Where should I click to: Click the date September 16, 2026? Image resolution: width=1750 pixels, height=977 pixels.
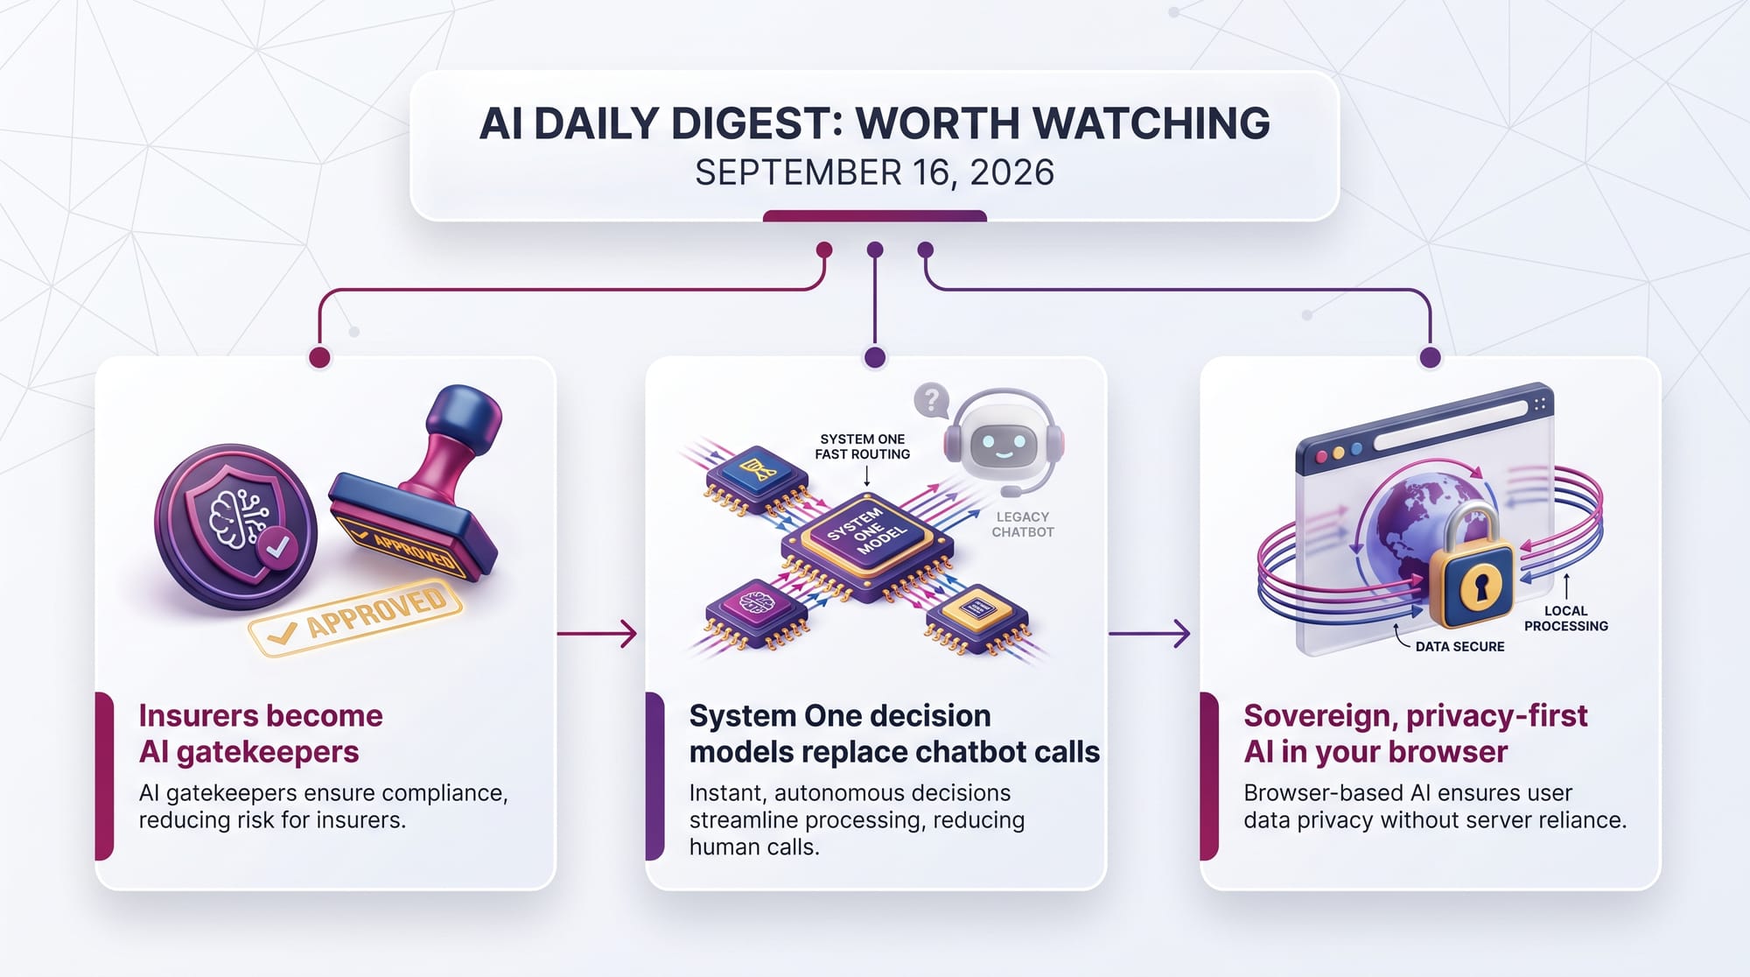[874, 172]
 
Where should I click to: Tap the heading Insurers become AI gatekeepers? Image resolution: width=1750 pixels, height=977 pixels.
[261, 734]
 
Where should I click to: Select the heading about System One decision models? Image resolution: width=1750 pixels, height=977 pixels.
[894, 734]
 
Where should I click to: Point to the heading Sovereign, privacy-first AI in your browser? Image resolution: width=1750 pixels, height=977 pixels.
[1415, 734]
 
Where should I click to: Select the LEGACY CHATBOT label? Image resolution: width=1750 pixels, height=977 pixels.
[1023, 524]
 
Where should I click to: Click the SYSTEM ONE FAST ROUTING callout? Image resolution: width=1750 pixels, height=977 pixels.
[863, 446]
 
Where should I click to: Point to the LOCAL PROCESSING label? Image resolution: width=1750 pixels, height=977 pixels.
[1566, 618]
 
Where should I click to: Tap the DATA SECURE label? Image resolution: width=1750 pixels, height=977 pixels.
[1459, 646]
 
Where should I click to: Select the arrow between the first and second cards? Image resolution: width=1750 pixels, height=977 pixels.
[597, 633]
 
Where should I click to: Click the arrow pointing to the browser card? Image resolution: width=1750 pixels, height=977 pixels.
[1150, 633]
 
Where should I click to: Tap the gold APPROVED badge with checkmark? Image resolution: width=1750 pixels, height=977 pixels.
[355, 616]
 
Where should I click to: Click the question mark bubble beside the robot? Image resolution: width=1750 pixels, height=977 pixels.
[932, 400]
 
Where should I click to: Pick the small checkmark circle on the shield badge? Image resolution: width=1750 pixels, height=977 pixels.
[277, 548]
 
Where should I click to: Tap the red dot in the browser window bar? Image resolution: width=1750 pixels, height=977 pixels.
[1321, 457]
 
